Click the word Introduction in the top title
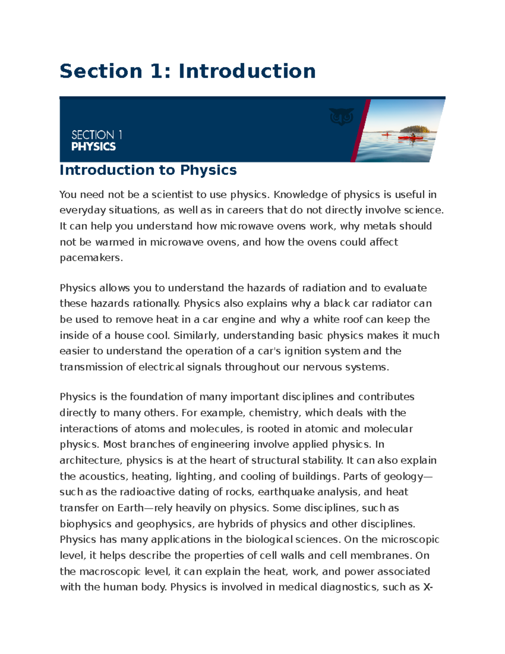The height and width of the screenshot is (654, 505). point(247,71)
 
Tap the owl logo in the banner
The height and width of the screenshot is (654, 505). point(341,117)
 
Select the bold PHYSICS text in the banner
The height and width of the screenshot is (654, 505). point(93,147)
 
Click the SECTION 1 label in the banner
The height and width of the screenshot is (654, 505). point(97,135)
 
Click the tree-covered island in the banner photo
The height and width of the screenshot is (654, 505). point(414,129)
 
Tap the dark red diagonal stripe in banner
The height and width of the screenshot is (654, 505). point(361,131)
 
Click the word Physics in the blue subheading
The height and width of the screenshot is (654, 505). point(208,170)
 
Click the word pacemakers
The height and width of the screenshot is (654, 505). point(90,258)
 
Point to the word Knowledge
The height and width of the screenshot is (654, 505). point(300,195)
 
